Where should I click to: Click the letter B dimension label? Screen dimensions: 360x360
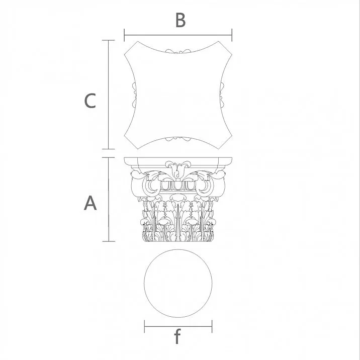181,21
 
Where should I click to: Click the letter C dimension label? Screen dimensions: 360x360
90,101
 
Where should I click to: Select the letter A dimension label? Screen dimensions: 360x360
90,204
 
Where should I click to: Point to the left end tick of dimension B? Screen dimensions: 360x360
124,35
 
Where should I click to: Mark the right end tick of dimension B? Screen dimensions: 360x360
232,35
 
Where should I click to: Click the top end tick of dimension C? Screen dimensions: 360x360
109,40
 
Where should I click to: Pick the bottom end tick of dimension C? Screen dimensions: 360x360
109,149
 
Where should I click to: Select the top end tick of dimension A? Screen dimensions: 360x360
109,158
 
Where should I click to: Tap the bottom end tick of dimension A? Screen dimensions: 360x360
109,241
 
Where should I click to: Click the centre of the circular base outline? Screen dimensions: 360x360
178,284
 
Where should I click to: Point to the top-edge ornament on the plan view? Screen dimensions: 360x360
178,51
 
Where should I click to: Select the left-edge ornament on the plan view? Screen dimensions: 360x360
134,95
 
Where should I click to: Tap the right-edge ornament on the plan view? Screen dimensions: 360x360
222,95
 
